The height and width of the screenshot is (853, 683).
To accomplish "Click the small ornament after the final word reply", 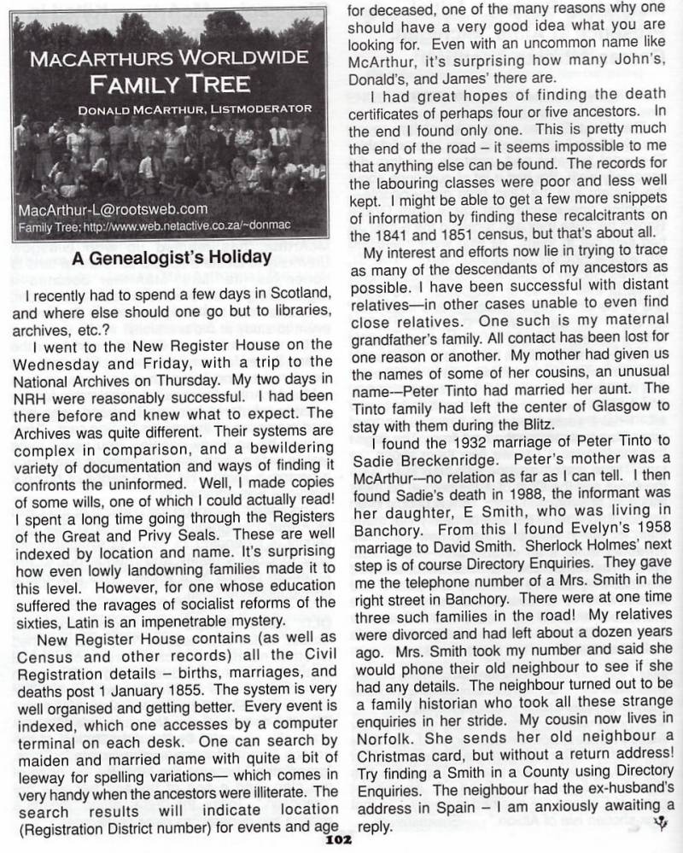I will pos(658,823).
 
